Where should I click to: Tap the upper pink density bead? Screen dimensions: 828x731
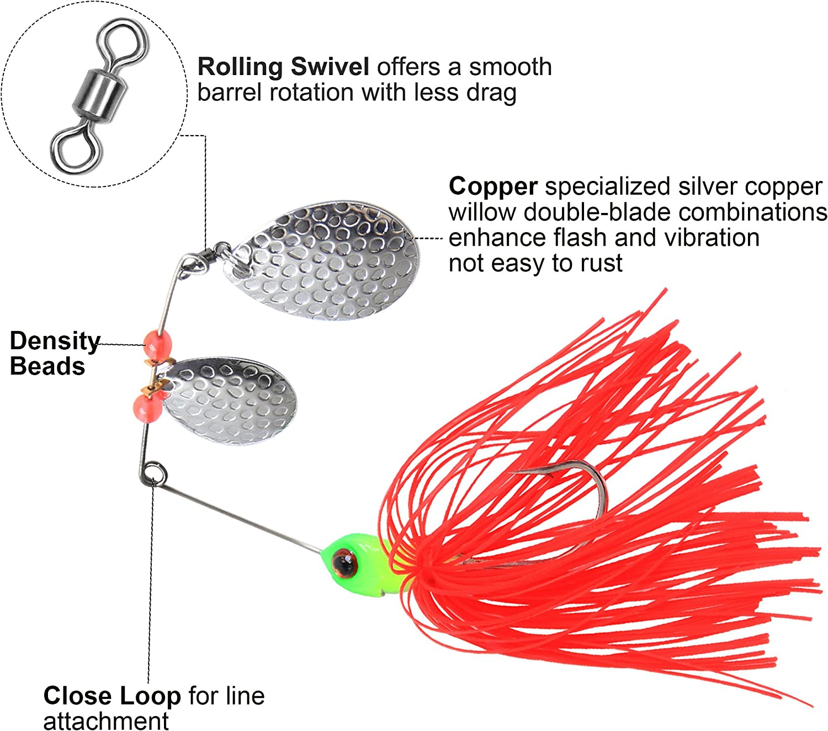(x=158, y=344)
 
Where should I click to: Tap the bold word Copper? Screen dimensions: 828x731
(x=493, y=186)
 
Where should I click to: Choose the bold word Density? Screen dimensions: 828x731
(x=55, y=341)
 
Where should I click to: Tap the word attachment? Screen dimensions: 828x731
(x=106, y=721)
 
